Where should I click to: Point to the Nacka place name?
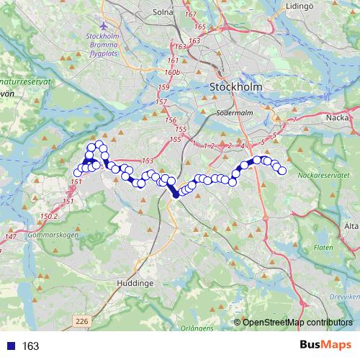[338, 117]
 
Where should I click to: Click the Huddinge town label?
[135, 284]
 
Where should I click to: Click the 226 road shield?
[82, 320]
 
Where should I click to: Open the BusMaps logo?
[325, 346]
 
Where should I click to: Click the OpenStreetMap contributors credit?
[296, 323]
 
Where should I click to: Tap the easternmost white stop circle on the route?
[282, 171]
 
